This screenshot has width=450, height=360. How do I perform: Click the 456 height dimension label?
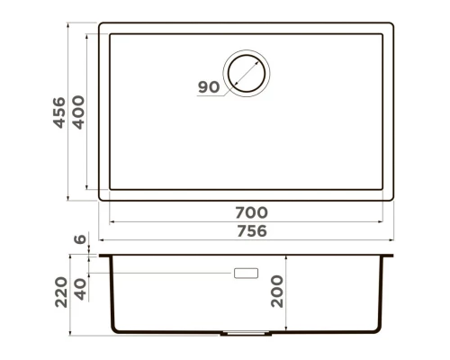click(x=59, y=112)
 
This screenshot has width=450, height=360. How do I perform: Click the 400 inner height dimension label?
click(x=79, y=112)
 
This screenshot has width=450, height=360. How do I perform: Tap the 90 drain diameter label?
click(x=208, y=87)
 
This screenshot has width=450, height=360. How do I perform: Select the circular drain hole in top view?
click(x=247, y=70)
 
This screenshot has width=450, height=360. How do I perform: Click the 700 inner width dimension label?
click(x=250, y=212)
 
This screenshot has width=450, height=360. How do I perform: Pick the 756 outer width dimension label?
click(x=250, y=230)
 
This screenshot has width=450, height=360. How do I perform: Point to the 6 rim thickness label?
click(x=79, y=239)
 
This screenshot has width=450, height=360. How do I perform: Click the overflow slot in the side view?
click(x=245, y=272)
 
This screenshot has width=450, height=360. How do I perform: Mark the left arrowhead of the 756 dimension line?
click(x=101, y=241)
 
